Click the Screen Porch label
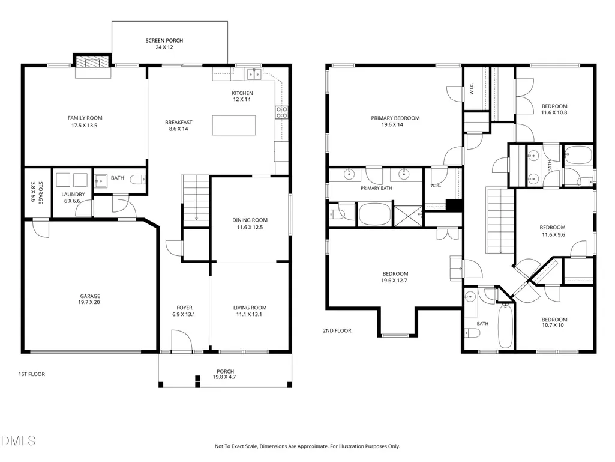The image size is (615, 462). (x=164, y=44)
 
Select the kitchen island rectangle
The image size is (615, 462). (x=234, y=126)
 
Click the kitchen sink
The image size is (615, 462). (x=253, y=74)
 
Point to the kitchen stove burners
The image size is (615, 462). (x=281, y=112)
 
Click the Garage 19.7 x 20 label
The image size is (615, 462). (x=90, y=299)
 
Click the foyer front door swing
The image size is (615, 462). (x=182, y=340)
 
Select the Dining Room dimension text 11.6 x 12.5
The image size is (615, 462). (x=250, y=227)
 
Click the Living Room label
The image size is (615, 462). (x=250, y=308)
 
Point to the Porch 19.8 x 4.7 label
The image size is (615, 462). (x=225, y=374)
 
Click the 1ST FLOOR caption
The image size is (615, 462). (x=32, y=374)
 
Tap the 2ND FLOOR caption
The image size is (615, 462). (x=337, y=330)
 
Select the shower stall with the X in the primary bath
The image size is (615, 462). (x=409, y=216)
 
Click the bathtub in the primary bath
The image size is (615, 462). (x=375, y=214)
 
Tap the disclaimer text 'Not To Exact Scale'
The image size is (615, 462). (x=236, y=446)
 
